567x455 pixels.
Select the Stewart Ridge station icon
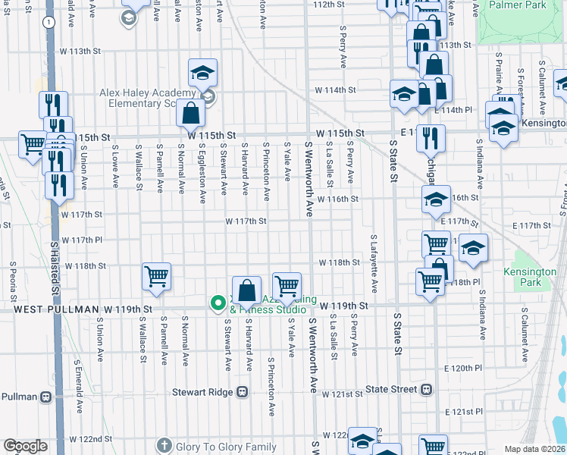click(243, 392)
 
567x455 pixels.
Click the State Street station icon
click(426, 389)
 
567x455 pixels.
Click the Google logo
click(24, 446)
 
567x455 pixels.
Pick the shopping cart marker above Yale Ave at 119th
click(287, 286)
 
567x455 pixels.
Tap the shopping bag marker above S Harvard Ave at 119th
click(247, 289)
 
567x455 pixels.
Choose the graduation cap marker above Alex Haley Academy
click(202, 72)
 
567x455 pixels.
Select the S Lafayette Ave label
click(374, 264)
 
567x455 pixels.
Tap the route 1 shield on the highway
click(49, 23)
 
